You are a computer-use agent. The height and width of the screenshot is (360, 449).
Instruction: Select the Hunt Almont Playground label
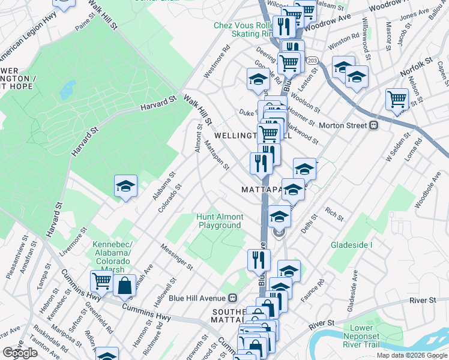tap(220, 221)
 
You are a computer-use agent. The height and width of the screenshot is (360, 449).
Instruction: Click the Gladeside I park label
tap(351, 245)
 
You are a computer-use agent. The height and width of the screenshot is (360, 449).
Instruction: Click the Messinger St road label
tap(176, 256)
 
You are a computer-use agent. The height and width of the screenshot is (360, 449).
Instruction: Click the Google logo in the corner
tap(19, 352)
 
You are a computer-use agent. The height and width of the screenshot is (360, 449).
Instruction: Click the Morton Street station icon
tap(373, 125)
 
